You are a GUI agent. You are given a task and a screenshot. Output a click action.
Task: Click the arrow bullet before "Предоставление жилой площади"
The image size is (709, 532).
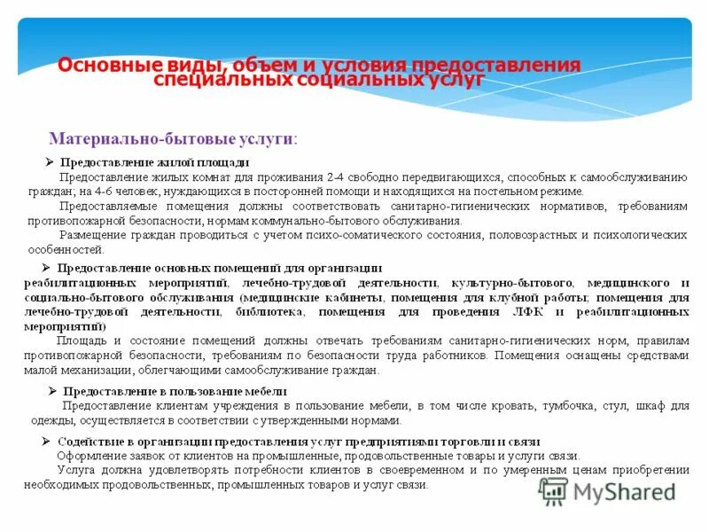click(x=49, y=163)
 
